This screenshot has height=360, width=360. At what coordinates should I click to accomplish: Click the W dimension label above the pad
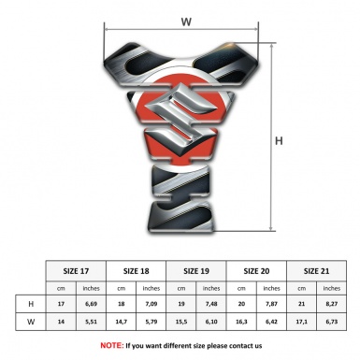pyautogui.click(x=186, y=22)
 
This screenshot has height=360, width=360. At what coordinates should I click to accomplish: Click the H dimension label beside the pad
pyautogui.click(x=279, y=141)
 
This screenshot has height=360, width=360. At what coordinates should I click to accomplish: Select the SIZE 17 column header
pyautogui.click(x=76, y=271)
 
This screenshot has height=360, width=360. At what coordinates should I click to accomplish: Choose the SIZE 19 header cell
pyautogui.click(x=196, y=271)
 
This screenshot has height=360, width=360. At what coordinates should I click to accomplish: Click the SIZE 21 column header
pyautogui.click(x=316, y=271)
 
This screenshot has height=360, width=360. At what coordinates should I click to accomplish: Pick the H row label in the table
pyautogui.click(x=31, y=304)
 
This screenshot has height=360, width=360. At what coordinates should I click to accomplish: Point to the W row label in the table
pyautogui.click(x=31, y=322)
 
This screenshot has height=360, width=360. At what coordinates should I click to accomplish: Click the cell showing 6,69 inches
pyautogui.click(x=91, y=304)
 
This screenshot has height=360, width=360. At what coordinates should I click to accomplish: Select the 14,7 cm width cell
pyautogui.click(x=121, y=322)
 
